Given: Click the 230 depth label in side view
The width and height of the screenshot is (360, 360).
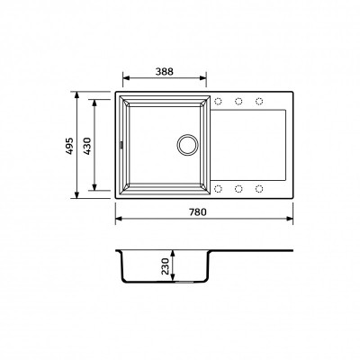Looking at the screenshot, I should [166, 267].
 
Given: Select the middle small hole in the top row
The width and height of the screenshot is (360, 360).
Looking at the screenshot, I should [239, 101].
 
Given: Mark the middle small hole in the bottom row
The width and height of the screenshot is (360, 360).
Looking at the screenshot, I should [239, 187].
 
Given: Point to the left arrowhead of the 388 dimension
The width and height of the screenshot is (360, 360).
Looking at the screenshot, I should [124, 77].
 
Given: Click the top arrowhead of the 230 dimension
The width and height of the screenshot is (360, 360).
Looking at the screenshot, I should [175, 251].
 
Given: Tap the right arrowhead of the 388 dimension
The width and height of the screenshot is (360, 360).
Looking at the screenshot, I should [210, 77].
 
